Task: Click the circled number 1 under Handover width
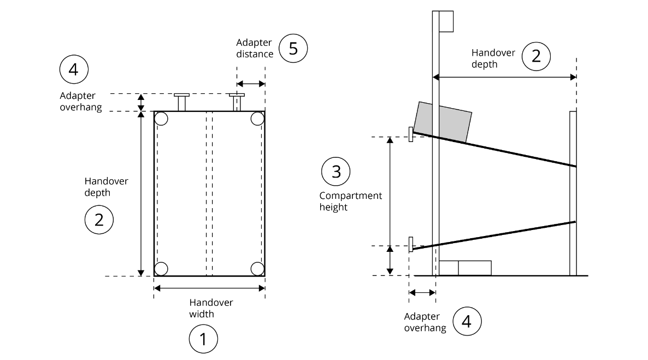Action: pyautogui.click(x=203, y=340)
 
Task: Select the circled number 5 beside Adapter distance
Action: pyautogui.click(x=293, y=49)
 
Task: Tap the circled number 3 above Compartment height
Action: pyautogui.click(x=336, y=172)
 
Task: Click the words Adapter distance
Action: pyautogui.click(x=255, y=48)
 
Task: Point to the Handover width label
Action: pyautogui.click(x=211, y=308)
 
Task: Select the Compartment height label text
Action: pyautogui.click(x=350, y=202)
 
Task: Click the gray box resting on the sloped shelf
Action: pyautogui.click(x=443, y=121)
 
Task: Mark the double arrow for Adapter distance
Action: pyautogui.click(x=251, y=84)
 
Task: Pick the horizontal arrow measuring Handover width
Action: pyautogui.click(x=209, y=287)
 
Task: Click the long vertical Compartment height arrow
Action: pyautogui.click(x=390, y=191)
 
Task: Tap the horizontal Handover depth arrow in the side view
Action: pyautogui.click(x=505, y=77)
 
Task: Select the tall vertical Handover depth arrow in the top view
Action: pyautogui.click(x=141, y=193)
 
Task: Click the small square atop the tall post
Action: pyautogui.click(x=446, y=21)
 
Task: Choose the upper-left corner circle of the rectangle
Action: pyautogui.click(x=161, y=119)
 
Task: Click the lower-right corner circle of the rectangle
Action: pyautogui.click(x=257, y=268)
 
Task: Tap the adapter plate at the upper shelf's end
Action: pyautogui.click(x=410, y=134)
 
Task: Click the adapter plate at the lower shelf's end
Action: pyautogui.click(x=410, y=244)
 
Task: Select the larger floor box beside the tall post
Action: pyautogui.click(x=474, y=268)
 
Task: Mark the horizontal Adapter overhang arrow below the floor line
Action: pyautogui.click(x=422, y=293)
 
